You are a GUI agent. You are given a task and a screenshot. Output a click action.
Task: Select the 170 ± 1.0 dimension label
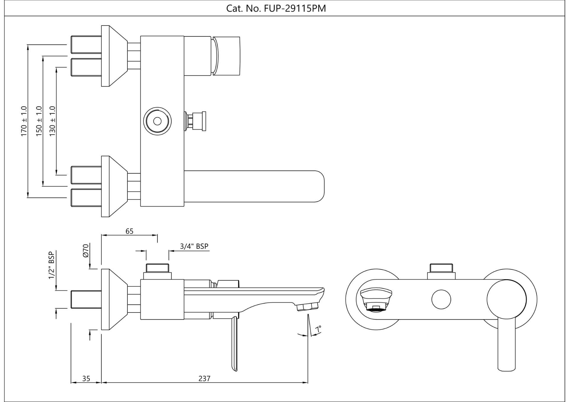point(24,121)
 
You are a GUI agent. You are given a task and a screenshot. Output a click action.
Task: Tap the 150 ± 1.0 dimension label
point(39,121)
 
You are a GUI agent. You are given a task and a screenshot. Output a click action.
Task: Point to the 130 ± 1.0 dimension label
point(52,121)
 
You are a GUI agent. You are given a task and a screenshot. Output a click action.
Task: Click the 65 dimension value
point(130,231)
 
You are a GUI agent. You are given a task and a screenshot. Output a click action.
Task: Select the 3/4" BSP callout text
point(194,246)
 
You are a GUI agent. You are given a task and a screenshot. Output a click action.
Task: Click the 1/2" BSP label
point(52,265)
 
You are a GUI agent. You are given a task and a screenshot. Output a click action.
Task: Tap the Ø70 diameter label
point(86,251)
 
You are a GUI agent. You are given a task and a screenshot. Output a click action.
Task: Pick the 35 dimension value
point(86,379)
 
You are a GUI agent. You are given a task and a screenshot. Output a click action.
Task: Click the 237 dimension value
point(204,379)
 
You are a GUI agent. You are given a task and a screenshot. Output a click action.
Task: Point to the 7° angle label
point(318,329)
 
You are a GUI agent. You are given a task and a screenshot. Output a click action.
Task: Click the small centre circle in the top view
point(157,121)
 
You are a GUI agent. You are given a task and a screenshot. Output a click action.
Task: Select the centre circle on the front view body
point(441,299)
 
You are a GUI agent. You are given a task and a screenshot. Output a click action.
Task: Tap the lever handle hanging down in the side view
point(234,344)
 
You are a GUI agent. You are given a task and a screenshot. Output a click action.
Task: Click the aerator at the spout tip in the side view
point(307,307)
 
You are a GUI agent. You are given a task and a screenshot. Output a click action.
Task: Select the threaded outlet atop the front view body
point(441,268)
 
